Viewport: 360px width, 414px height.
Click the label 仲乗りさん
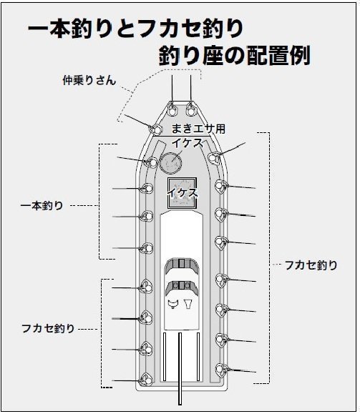pos(89,80)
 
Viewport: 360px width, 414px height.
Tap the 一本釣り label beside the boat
pos(42,206)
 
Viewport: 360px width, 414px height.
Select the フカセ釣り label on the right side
pos(311,265)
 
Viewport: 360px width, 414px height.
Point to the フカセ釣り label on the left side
pos(48,328)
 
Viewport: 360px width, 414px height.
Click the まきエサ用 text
pos(198,129)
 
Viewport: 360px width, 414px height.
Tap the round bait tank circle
pos(171,162)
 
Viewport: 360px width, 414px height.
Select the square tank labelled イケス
pos(182,193)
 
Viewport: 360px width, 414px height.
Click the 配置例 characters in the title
pos(278,56)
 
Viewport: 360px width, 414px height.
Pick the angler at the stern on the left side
pos(145,380)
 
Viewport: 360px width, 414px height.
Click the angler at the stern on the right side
pos(221,370)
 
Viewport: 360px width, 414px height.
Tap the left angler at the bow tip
pos(172,110)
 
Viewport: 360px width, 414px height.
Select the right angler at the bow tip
pos(190,110)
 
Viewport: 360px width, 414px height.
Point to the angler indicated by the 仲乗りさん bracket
pos(155,129)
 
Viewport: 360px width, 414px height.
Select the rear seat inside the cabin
pos(182,287)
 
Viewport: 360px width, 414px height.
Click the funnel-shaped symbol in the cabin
pos(188,304)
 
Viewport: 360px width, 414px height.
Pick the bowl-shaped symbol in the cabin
pos(173,304)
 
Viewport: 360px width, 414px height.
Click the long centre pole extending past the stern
pos(180,368)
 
